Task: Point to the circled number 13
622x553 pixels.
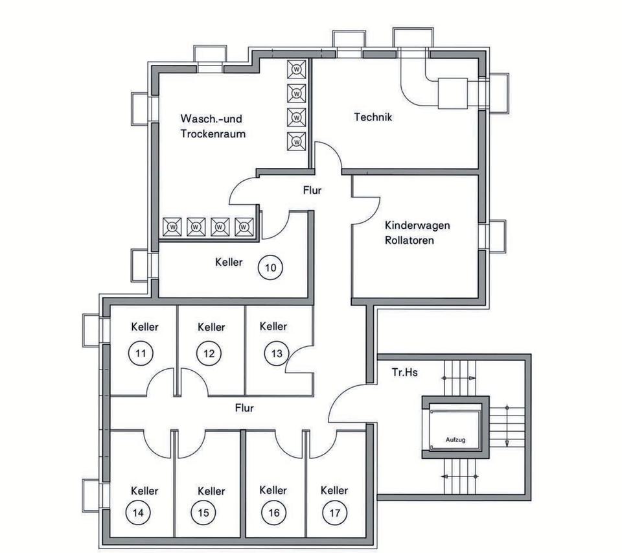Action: pos(275,353)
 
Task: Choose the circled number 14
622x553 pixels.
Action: pos(139,513)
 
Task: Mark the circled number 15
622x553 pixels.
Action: pos(204,513)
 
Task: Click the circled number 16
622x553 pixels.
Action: pos(273,513)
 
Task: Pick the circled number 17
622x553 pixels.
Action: pos(334,513)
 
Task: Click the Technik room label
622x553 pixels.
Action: pos(373,117)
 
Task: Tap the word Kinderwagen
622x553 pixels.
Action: pos(417,226)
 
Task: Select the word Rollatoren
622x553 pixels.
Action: pos(409,240)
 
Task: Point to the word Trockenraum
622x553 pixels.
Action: pos(213,134)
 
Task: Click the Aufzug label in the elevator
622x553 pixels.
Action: pos(455,439)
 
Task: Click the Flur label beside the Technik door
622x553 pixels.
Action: pos(312,191)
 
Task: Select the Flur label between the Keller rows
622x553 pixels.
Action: pos(244,408)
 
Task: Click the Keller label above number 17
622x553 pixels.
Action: pos(334,490)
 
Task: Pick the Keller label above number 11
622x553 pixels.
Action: pos(144,327)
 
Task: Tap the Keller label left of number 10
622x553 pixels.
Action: pos(229,262)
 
